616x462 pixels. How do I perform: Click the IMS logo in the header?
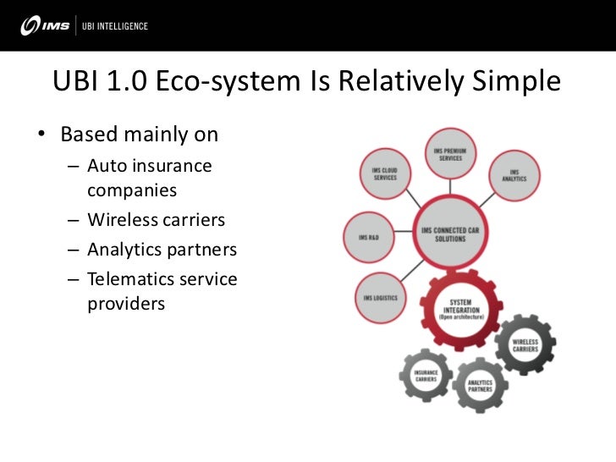coord(42,26)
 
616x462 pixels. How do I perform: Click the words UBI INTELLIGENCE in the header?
coord(114,26)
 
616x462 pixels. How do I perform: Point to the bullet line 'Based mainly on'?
coord(139,135)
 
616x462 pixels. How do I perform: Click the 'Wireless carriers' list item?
coord(157,220)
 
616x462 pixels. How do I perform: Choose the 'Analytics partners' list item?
coord(162,250)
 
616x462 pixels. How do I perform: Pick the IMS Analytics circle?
coord(514,174)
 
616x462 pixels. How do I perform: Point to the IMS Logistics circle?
coord(380,298)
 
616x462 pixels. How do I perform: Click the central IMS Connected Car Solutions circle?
coord(455,233)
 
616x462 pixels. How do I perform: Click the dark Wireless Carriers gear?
coord(525,345)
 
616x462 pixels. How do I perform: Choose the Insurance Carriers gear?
coord(425,376)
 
